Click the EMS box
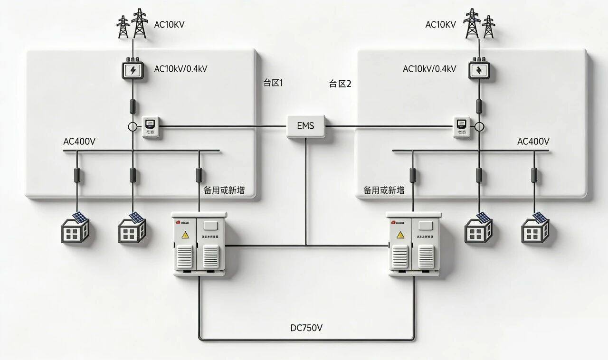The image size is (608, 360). point(306,126)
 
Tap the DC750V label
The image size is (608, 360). point(306,328)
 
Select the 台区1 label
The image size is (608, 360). point(273,83)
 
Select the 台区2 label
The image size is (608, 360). point(340,84)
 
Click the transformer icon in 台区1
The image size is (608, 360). point(133,71)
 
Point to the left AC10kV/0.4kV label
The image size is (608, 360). point(180,69)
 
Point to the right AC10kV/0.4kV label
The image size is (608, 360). point(429,69)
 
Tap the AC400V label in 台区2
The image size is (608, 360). point(533,142)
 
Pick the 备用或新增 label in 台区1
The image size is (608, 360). point(224,190)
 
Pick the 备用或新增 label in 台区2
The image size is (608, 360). point(384,190)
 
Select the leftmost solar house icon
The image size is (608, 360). point(75,228)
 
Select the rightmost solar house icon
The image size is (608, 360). point(535,228)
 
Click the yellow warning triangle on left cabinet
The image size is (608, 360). point(185,234)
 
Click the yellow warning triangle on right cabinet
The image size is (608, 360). point(400,234)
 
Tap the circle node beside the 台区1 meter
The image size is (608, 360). point(133,127)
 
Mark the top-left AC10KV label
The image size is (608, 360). point(169,24)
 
